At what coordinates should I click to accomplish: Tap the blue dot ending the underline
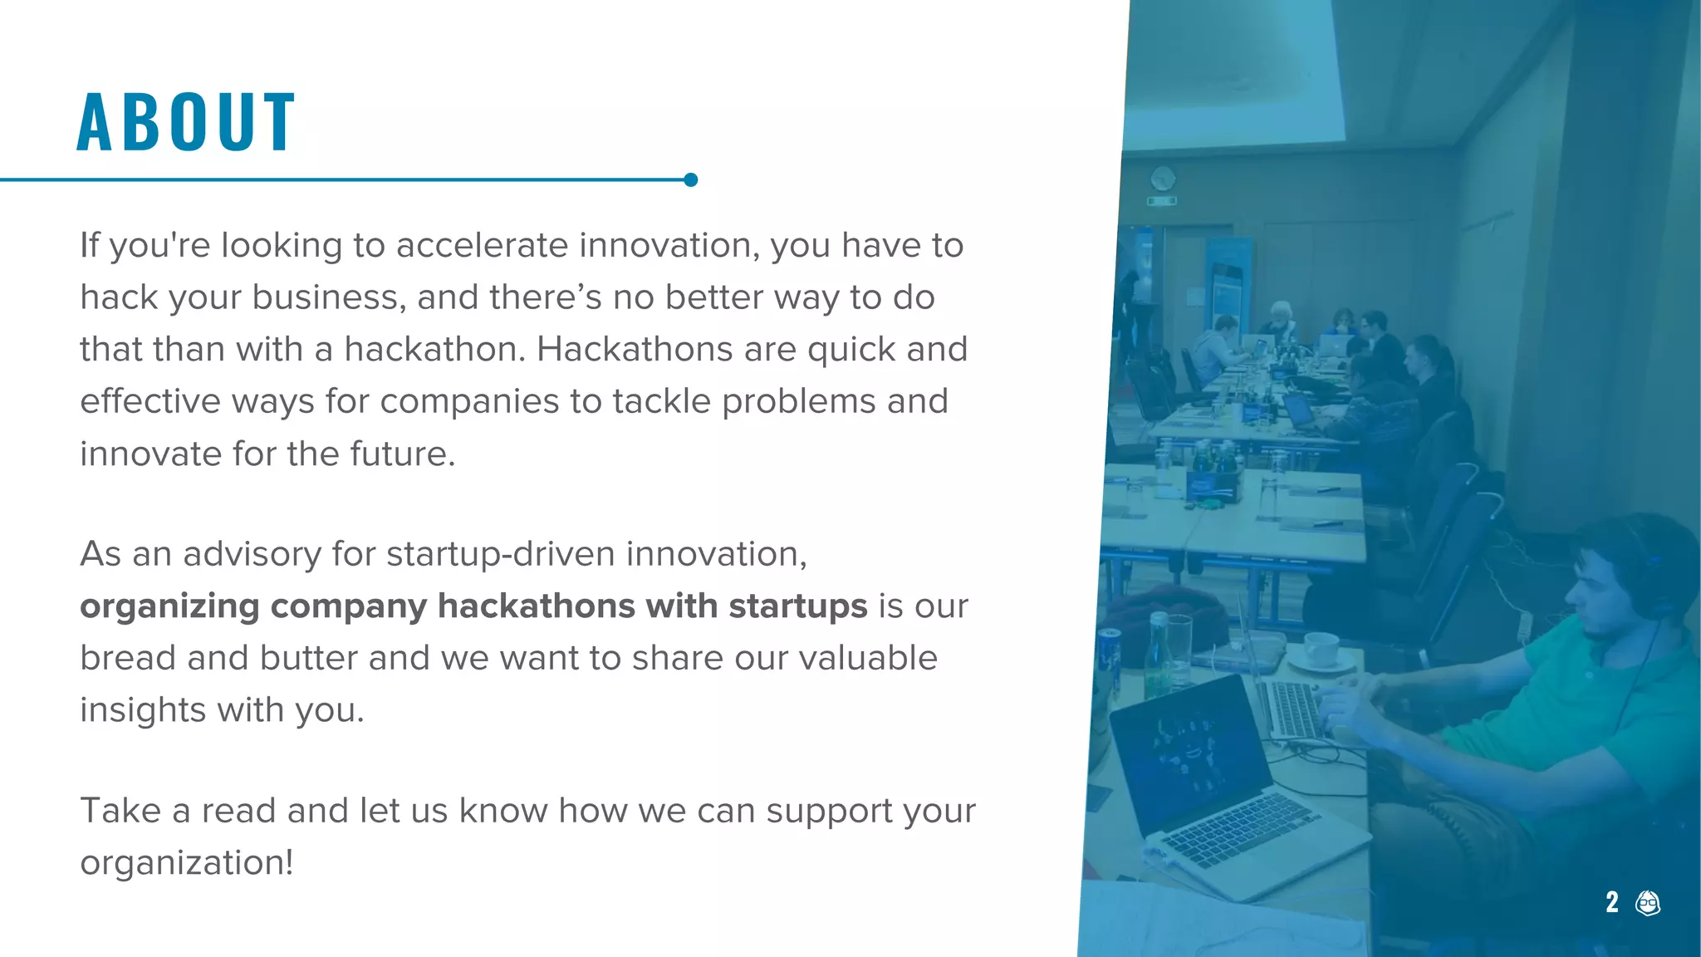(690, 179)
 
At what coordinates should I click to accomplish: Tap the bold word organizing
(170, 607)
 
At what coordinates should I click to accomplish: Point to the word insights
(143, 710)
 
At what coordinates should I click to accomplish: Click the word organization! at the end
(187, 863)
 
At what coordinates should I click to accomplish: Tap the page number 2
(1612, 902)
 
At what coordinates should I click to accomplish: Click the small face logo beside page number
(1648, 903)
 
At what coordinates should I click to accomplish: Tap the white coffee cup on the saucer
(1321, 648)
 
